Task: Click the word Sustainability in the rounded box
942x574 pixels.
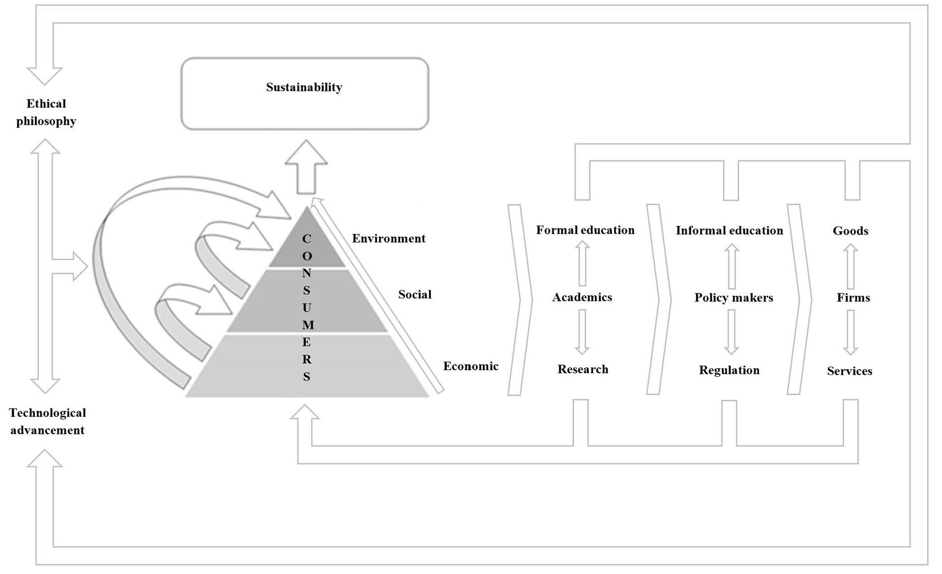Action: [x=304, y=87]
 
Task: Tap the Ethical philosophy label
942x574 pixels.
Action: [x=46, y=112]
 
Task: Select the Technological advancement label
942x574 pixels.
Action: [x=47, y=421]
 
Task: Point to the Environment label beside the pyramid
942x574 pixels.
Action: [x=388, y=239]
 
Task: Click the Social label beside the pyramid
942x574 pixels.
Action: [x=415, y=295]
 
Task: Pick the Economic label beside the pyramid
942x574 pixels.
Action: [x=471, y=366]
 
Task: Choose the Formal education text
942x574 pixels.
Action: [x=585, y=230]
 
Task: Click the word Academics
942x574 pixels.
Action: [x=582, y=297]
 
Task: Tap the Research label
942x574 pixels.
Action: [x=583, y=369]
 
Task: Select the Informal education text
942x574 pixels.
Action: [x=729, y=231]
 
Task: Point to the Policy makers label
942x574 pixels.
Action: [x=734, y=298]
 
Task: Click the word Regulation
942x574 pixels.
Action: [x=729, y=370]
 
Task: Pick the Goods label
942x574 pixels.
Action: [x=851, y=231]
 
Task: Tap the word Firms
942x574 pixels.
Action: [x=853, y=298]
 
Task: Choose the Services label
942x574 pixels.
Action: [x=850, y=371]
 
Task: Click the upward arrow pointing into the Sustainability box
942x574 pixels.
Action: [x=306, y=167]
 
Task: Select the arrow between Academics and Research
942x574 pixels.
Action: [x=582, y=332]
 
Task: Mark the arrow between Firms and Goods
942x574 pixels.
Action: [x=851, y=266]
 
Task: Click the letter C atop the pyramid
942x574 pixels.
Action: [x=306, y=239]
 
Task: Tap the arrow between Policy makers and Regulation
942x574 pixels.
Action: [x=731, y=332]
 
